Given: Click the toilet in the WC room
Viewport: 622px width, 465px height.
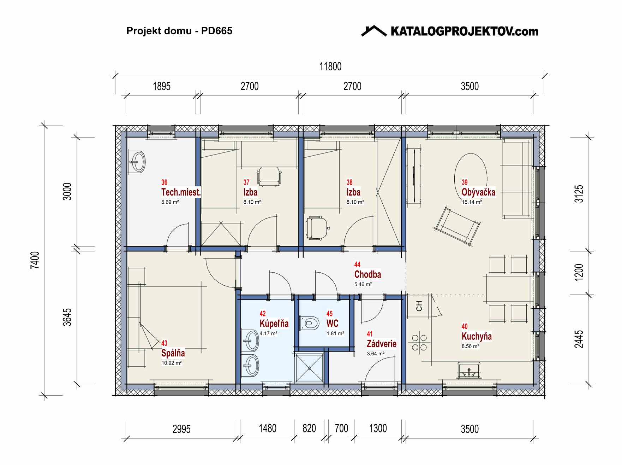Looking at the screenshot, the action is click(309, 323).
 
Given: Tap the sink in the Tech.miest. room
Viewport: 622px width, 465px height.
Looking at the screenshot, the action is click(137, 162).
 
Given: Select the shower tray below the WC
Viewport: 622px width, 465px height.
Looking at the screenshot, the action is click(310, 368).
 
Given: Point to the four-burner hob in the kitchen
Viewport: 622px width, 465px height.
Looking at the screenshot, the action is click(419, 343).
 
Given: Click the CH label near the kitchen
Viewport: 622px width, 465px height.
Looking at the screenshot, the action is click(419, 306).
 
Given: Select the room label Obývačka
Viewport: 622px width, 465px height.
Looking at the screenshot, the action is click(478, 192).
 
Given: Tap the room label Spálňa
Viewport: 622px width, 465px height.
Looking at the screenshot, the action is click(173, 353).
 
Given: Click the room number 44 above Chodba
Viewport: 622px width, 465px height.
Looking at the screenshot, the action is click(357, 264).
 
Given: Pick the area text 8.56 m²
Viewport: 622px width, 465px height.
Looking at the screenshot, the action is click(470, 346).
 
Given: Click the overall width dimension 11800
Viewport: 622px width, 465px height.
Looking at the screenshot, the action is click(330, 66).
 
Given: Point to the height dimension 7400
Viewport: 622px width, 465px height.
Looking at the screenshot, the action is click(35, 260).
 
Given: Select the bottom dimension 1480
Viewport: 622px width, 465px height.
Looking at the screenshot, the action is click(268, 429).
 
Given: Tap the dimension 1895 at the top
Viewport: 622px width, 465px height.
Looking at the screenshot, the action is click(161, 86).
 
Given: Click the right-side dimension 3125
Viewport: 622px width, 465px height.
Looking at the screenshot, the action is click(579, 194).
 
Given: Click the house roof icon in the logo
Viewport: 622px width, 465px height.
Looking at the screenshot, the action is click(374, 31).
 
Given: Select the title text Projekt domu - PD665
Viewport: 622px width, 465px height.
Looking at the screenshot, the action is click(179, 31).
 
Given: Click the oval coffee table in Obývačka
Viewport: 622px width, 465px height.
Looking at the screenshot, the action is click(471, 173).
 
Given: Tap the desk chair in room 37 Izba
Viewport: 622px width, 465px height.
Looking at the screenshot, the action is click(269, 176).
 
